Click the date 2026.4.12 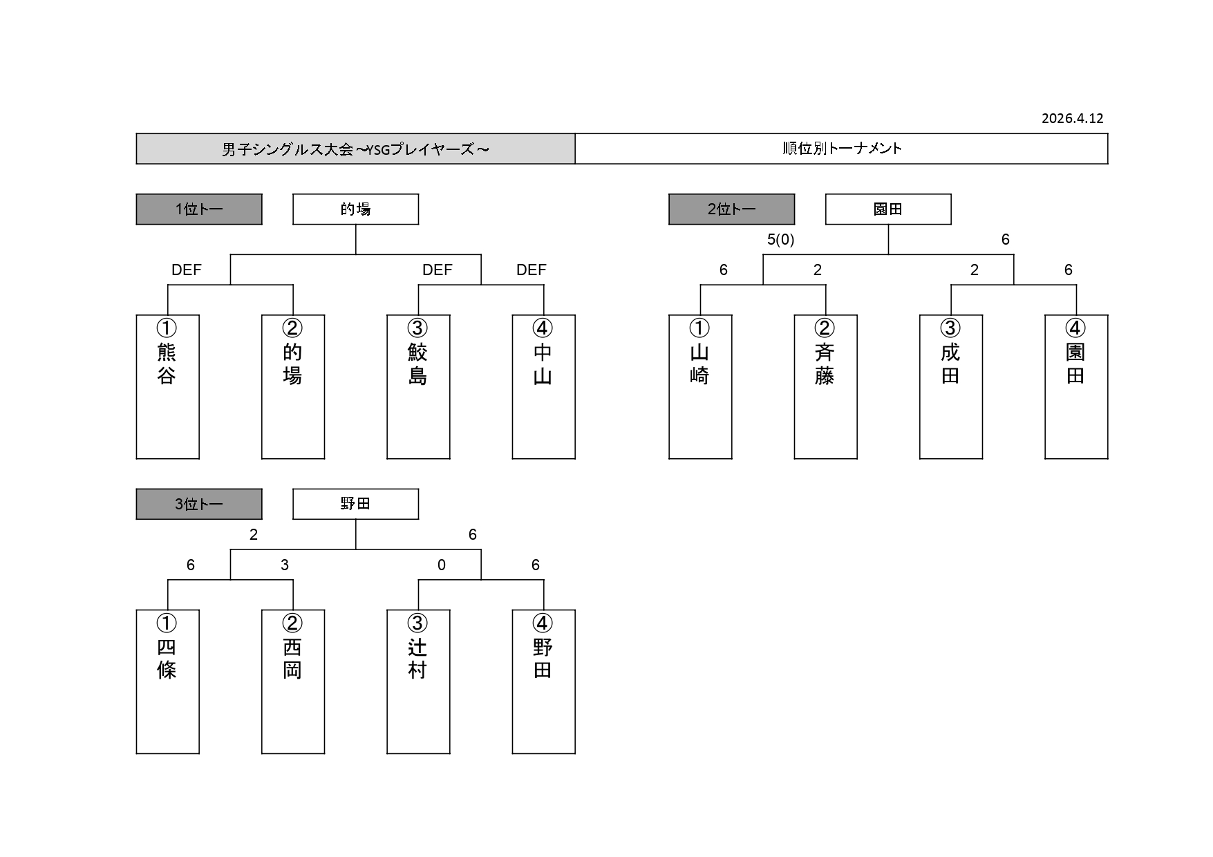(x=1072, y=118)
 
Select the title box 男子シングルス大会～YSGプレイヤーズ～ (x=355, y=149)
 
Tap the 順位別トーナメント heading (x=841, y=149)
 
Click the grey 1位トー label (x=199, y=209)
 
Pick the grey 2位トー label (x=731, y=209)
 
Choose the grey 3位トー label (x=199, y=504)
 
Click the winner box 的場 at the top (x=355, y=209)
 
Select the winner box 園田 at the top (x=888, y=209)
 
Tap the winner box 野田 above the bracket (x=355, y=504)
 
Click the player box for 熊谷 (x=167, y=387)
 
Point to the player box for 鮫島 (x=418, y=387)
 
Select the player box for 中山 (x=543, y=387)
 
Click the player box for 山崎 (x=700, y=387)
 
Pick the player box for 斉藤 (x=825, y=387)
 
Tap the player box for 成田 (x=950, y=387)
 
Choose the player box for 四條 (x=167, y=681)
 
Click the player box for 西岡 (x=292, y=681)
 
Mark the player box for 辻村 (x=418, y=681)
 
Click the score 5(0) (x=780, y=240)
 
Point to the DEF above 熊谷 (x=187, y=270)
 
